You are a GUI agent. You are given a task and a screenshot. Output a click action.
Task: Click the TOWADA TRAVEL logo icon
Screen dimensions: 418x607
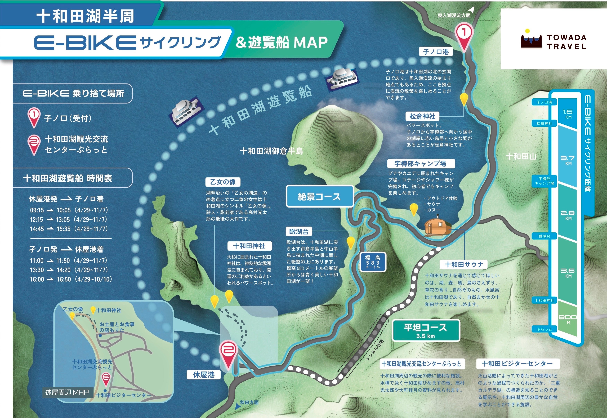click(531, 39)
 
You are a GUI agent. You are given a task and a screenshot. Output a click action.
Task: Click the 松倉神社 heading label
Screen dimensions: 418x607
click(422, 116)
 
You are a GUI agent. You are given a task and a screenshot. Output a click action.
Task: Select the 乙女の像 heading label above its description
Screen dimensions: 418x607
click(223, 182)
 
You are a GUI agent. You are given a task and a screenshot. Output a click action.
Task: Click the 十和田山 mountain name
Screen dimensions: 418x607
click(521, 157)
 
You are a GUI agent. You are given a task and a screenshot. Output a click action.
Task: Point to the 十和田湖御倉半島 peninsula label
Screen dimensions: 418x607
click(271, 151)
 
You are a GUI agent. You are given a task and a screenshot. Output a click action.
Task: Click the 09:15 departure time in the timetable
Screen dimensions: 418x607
click(37, 210)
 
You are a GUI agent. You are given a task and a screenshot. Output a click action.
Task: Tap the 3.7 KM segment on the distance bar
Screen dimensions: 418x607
click(568, 160)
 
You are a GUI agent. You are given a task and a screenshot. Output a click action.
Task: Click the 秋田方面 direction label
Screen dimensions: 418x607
click(249, 402)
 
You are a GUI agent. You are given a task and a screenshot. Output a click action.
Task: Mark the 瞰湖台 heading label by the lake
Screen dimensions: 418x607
click(299, 232)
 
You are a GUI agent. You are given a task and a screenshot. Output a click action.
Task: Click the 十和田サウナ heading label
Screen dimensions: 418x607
click(464, 265)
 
